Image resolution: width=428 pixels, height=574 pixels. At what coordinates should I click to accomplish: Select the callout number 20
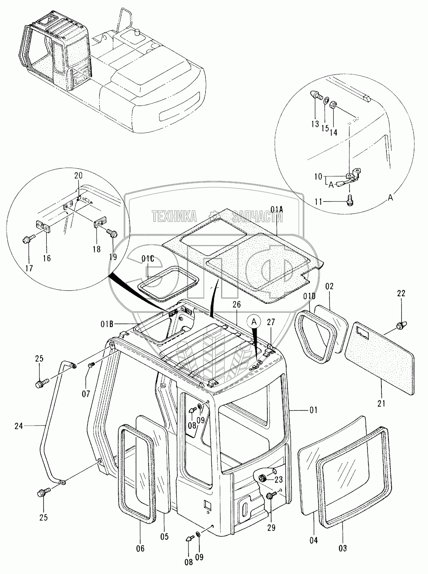tap(78, 175)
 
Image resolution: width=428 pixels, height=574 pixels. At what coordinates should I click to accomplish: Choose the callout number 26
tap(237, 304)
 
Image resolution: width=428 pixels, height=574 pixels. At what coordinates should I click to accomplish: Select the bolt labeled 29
tap(270, 496)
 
